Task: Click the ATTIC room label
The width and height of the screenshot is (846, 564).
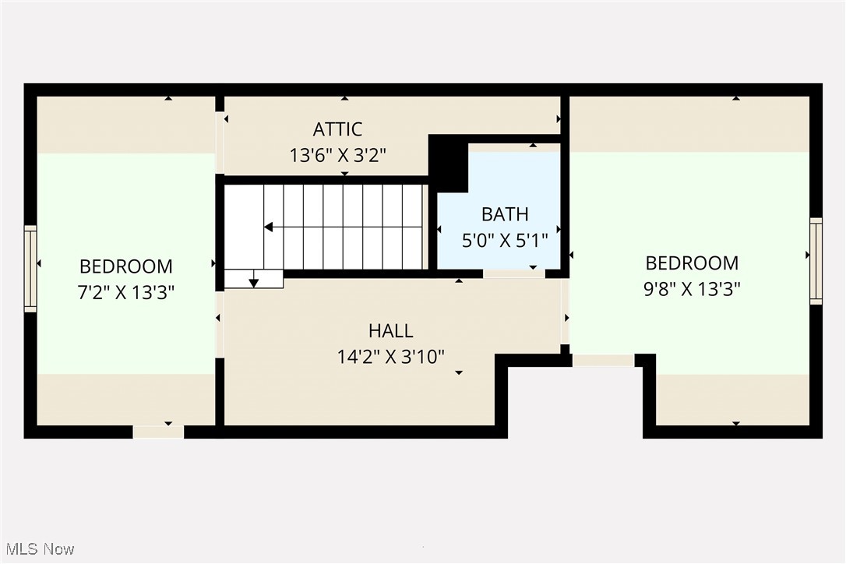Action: point(337,129)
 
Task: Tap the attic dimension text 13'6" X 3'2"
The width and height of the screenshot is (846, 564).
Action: point(337,155)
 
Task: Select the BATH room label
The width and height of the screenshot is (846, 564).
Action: point(504,214)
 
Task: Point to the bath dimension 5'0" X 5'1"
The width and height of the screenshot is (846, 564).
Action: point(504,240)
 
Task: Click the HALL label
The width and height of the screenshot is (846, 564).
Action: point(390,331)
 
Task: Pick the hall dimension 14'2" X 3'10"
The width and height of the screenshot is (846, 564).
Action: point(390,357)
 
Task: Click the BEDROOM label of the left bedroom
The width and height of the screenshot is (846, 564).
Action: point(125,266)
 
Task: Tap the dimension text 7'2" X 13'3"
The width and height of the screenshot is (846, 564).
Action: point(125,292)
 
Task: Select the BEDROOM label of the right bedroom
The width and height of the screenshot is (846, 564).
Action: point(692,263)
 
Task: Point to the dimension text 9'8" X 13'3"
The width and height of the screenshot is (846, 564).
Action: point(692,288)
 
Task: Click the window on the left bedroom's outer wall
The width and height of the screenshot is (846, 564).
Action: point(30,269)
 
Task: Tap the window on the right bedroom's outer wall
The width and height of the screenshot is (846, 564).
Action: point(816,261)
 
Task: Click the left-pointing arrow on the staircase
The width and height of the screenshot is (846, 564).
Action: point(269,227)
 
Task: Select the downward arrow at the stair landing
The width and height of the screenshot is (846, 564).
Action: point(253,282)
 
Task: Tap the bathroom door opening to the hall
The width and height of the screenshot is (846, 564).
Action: point(513,273)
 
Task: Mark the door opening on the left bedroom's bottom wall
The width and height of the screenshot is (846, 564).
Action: point(158,432)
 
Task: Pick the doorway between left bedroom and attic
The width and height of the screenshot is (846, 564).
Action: point(220,143)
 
